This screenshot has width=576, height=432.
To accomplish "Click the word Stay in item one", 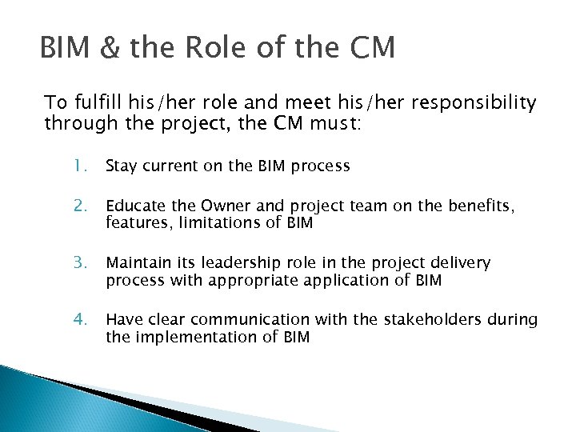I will pyautogui.click(x=121, y=166).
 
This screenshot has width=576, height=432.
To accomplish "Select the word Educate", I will pyautogui.click(x=134, y=207).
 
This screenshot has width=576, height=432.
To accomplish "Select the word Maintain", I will pyautogui.click(x=137, y=263).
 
